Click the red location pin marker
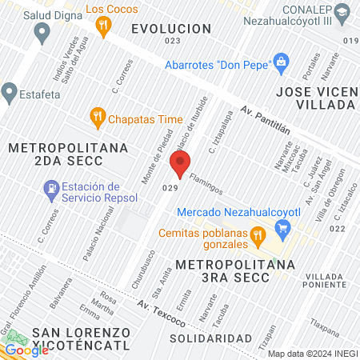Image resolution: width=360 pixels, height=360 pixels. pos(180,164)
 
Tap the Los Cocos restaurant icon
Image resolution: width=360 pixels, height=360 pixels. pos(102,27)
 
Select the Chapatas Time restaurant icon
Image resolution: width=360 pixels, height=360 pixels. pos(98,118)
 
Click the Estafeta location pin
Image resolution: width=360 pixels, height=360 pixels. pos(10,93)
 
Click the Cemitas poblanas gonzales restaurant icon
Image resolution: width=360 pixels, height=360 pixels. pos(258,236)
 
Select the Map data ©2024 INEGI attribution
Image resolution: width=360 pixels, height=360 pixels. pos(312,354)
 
